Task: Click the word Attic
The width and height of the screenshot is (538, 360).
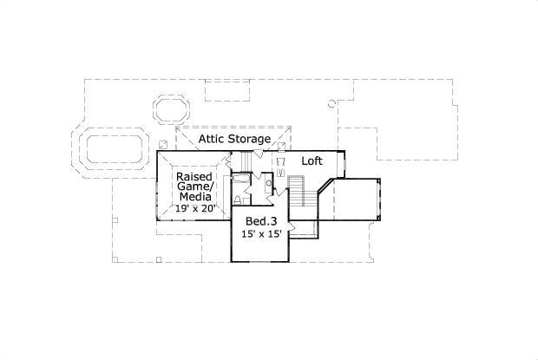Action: (x=212, y=139)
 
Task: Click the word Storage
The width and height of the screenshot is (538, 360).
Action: (x=249, y=139)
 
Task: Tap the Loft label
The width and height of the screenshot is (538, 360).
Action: (x=312, y=160)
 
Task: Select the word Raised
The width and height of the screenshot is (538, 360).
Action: (x=194, y=177)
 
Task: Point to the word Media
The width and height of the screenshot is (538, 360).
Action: (x=195, y=197)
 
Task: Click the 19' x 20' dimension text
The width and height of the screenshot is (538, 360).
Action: (x=195, y=208)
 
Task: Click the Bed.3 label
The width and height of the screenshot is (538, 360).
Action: (x=261, y=221)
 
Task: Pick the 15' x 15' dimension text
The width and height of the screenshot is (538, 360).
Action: (x=261, y=234)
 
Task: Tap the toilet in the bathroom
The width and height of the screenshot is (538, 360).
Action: (x=238, y=200)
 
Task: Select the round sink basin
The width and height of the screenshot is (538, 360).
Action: (x=269, y=183)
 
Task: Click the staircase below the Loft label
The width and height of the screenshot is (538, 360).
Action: (x=296, y=191)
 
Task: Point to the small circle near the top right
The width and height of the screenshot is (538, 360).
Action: (x=331, y=103)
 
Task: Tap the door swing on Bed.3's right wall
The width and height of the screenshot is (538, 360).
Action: (x=292, y=226)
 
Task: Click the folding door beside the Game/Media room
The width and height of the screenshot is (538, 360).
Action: (x=227, y=160)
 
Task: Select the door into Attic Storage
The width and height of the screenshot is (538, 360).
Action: (x=258, y=154)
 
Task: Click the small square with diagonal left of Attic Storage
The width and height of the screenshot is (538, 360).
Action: (x=163, y=145)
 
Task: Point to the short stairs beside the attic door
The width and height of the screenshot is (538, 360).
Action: (x=245, y=160)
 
